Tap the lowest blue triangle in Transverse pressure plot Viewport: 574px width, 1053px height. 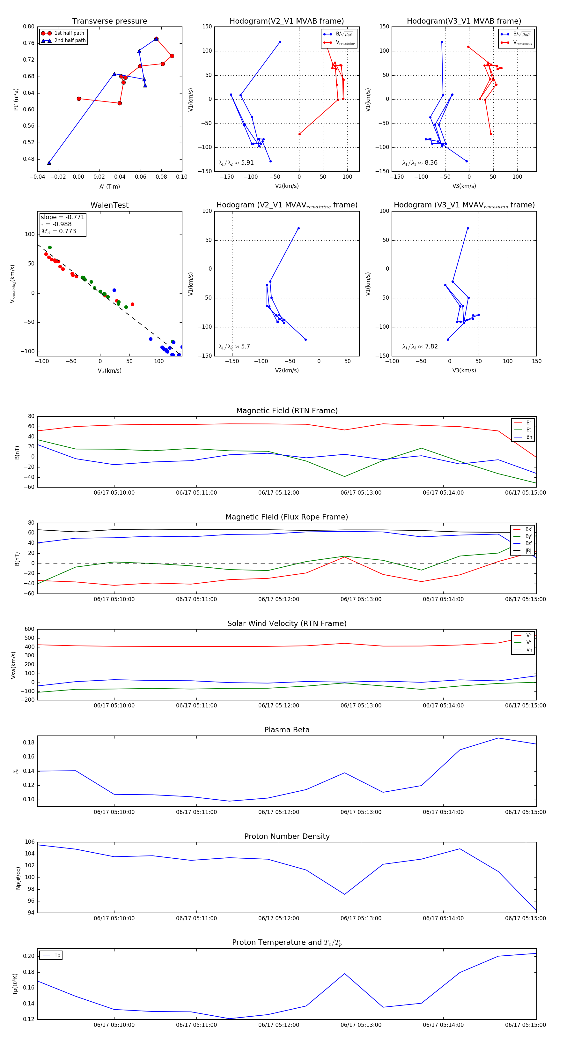[49, 163]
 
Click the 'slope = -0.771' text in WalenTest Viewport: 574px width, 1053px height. [63, 217]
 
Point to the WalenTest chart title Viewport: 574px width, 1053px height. [109, 205]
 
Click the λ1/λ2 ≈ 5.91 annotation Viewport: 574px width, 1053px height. [236, 163]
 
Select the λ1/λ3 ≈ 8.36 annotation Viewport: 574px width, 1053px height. [420, 163]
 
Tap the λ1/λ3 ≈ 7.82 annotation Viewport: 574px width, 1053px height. [420, 347]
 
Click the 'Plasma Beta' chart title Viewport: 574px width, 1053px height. [287, 730]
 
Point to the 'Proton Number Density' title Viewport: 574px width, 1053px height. [287, 836]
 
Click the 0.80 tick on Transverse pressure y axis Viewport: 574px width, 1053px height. [29, 26]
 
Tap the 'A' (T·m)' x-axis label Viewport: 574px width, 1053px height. [109, 187]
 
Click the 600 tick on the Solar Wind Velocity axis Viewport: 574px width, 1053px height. [29, 629]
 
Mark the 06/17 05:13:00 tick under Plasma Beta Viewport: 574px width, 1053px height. [361, 812]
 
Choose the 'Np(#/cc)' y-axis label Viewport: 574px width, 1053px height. [18, 877]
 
